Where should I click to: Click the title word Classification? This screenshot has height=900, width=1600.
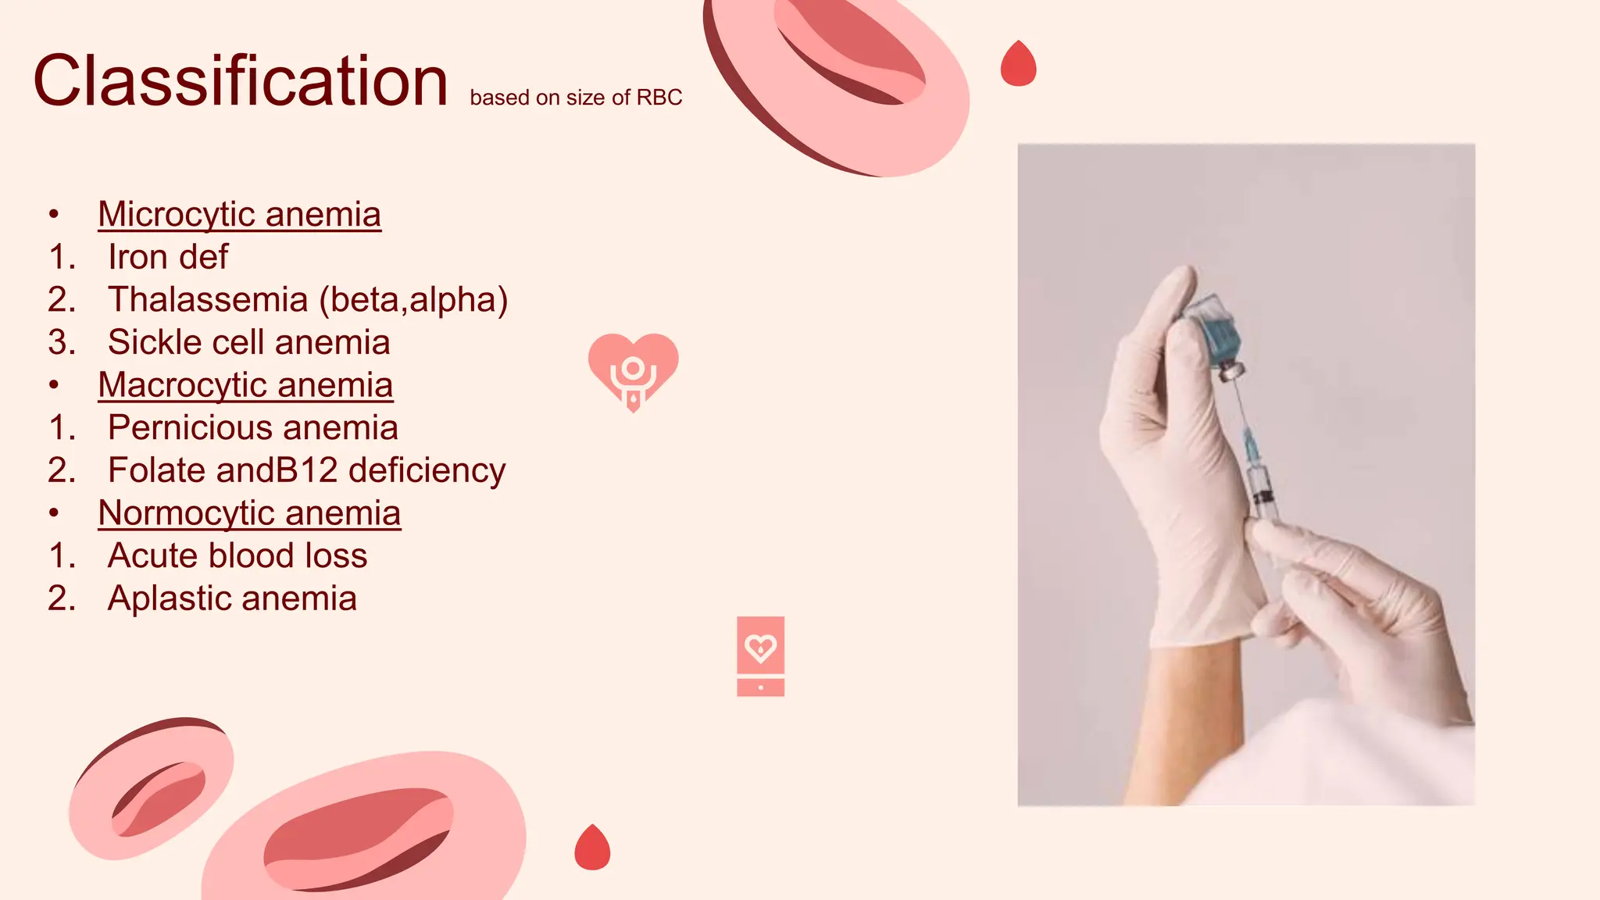point(241,81)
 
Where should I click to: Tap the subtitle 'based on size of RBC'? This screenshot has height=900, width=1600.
point(576,98)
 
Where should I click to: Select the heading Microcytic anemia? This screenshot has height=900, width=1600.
point(239,214)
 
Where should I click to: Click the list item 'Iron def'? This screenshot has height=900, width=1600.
point(168,257)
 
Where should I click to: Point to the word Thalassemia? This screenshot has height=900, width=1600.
point(208,300)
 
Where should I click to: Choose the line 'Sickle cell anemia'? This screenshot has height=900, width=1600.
point(248,342)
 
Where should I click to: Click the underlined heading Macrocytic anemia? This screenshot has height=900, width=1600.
point(245,385)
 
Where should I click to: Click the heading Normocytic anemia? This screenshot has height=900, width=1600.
point(249,513)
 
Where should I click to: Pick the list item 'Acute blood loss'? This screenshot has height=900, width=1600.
point(237,555)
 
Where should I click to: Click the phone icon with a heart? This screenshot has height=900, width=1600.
point(760,655)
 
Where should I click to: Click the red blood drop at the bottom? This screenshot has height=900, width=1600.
point(592,849)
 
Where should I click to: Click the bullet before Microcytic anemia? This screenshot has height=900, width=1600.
point(53,214)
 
